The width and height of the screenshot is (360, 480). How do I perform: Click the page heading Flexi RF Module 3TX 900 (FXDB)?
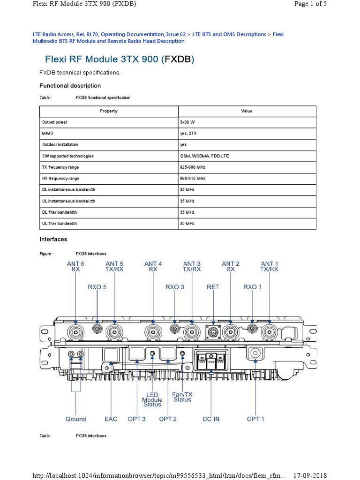pos(119,60)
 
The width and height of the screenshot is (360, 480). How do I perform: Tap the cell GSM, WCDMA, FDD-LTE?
pos(204,156)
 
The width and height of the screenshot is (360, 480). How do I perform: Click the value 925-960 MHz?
pos(193,167)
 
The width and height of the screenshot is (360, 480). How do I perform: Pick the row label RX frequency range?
pos(61,179)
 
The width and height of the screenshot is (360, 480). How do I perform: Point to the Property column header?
pos(109,111)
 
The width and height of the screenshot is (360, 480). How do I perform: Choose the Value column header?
pos(247,111)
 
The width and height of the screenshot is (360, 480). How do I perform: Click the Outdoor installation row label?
pos(60,145)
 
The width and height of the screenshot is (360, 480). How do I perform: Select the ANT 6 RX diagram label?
pos(75,267)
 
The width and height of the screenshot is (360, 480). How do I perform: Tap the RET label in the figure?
pos(213,287)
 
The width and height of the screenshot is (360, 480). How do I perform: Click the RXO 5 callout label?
pos(97,287)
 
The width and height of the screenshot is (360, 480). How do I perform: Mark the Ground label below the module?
pos(75,419)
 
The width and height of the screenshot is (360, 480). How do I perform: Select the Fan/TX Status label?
pos(182,397)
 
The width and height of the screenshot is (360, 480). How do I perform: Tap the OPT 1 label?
pos(255,419)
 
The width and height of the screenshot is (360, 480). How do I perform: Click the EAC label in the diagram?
pos(111,419)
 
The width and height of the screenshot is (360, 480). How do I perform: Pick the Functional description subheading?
pos(70,86)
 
